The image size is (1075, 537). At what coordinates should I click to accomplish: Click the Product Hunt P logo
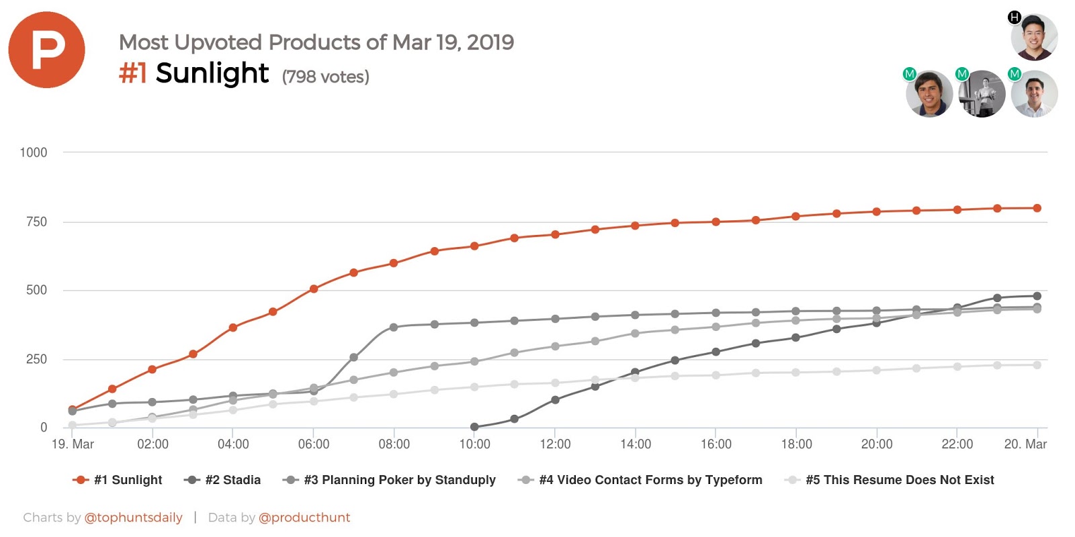click(x=46, y=50)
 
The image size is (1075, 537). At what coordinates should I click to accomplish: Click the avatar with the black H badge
click(x=1034, y=37)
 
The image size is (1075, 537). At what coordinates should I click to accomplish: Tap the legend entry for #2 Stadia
click(x=222, y=480)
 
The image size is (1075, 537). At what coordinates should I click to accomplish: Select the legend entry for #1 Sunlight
click(x=118, y=480)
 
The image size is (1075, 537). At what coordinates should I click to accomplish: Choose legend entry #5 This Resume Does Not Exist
click(x=890, y=480)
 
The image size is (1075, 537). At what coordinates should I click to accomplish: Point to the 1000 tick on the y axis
click(x=34, y=152)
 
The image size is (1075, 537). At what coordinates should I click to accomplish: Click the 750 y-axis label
click(x=36, y=222)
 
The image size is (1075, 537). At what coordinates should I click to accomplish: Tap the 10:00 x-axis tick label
click(x=474, y=444)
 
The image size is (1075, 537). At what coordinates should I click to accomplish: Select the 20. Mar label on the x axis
click(x=1025, y=444)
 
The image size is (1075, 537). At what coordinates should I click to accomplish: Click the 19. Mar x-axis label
click(x=73, y=444)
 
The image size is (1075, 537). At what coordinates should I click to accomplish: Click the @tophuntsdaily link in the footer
click(x=133, y=518)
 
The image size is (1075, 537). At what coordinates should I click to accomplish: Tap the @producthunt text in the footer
click(x=304, y=518)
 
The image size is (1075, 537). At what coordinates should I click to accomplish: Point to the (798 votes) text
click(x=325, y=77)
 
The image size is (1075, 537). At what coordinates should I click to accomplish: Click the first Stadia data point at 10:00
click(x=474, y=427)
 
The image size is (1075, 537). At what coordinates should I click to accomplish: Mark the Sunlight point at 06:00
click(x=314, y=289)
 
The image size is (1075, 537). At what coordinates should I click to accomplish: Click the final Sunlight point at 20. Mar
click(x=1037, y=208)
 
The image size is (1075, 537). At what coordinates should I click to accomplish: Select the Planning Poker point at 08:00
click(x=394, y=328)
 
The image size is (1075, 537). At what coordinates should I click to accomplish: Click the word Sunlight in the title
click(x=212, y=73)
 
